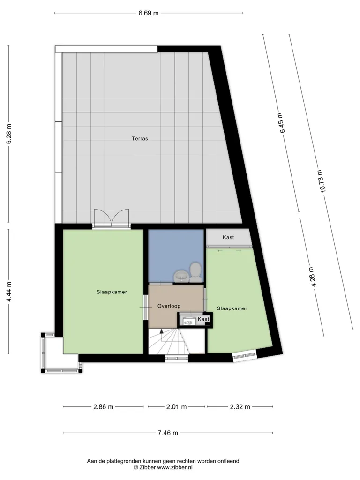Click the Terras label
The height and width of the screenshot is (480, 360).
pos(140,138)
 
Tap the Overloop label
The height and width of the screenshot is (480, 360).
pos(169,306)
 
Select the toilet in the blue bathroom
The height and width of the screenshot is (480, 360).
pos(195,272)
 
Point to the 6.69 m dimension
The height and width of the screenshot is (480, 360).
pos(149,13)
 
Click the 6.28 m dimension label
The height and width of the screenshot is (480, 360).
pos(9,134)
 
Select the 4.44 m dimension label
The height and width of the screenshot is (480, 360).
pos(9,292)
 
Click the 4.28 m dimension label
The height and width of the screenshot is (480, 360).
pos(312,277)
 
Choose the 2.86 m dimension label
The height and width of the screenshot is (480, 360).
pos(103,407)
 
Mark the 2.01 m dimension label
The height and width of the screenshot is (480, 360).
pos(176,407)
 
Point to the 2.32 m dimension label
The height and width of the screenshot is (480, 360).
pos(240,407)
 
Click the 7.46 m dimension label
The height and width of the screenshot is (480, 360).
pos(168,433)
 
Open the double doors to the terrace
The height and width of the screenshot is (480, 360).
pos(112,218)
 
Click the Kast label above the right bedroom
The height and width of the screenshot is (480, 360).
pos(228,237)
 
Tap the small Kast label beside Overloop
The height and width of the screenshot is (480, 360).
pos(203,319)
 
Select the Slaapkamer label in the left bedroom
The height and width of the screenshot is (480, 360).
pos(112,292)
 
